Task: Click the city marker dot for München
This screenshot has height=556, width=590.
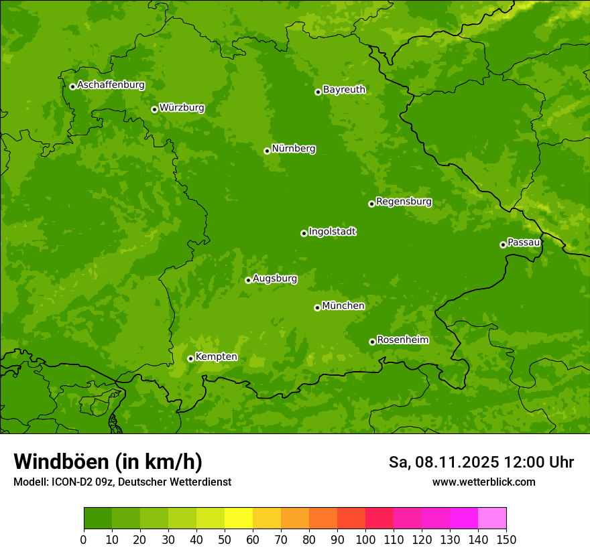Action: [317, 307]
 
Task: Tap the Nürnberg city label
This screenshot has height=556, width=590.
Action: [293, 149]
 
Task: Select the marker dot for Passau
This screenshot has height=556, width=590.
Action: [503, 245]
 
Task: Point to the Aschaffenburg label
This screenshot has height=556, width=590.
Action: [111, 85]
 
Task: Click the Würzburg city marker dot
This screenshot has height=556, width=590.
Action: [154, 109]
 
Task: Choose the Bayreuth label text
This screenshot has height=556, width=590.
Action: [344, 90]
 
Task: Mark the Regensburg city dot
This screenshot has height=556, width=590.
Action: [371, 204]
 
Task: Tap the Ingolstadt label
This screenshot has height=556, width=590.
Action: [332, 232]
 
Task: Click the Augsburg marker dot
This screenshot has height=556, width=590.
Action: [248, 280]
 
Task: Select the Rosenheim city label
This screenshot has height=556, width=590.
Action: [402, 340]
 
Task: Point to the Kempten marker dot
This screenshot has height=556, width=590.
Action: [190, 358]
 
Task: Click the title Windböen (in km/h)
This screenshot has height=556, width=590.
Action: [107, 462]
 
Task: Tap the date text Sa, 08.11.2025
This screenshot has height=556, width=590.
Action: [443, 462]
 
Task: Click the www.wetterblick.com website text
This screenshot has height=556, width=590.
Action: [483, 482]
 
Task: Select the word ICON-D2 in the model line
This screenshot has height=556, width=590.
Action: [72, 482]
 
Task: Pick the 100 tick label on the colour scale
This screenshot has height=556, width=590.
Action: [365, 539]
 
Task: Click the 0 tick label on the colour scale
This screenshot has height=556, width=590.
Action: [84, 539]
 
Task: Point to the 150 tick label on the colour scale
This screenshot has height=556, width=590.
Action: [506, 539]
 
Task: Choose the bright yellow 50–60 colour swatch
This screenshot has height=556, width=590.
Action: [239, 518]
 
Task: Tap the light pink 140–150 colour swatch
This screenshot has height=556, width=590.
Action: [492, 518]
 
